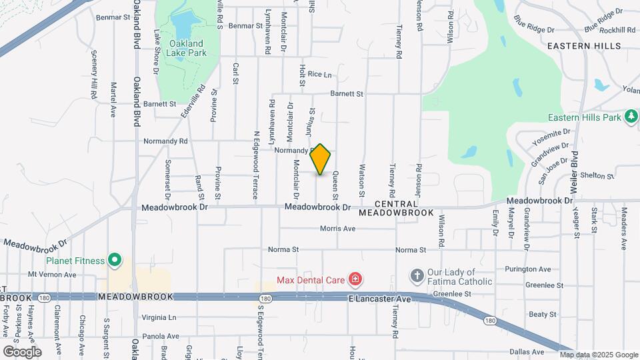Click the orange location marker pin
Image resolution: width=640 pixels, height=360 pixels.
pos(321,159)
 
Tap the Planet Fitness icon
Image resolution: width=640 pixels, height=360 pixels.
pos(115,260)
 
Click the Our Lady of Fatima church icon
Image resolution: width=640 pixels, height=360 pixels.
pos(417,276)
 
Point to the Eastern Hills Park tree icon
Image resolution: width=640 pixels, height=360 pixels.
pos(631,117)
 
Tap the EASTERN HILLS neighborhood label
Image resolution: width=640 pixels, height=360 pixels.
pos(584,46)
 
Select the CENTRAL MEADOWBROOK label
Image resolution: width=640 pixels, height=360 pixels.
pos(397,208)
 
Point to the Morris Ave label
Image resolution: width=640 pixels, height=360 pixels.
pos(337,228)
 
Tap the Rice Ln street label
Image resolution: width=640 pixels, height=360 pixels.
pos(319,75)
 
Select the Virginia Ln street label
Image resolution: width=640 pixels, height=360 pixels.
pos(158,317)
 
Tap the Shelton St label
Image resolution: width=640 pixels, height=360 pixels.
pos(597,175)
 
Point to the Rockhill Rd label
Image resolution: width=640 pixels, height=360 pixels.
pos(617,30)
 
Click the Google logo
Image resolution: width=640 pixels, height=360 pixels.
pos(22,351)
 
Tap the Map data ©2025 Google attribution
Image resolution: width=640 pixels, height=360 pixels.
pos(599,355)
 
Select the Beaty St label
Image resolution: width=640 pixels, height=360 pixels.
pos(542,313)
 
